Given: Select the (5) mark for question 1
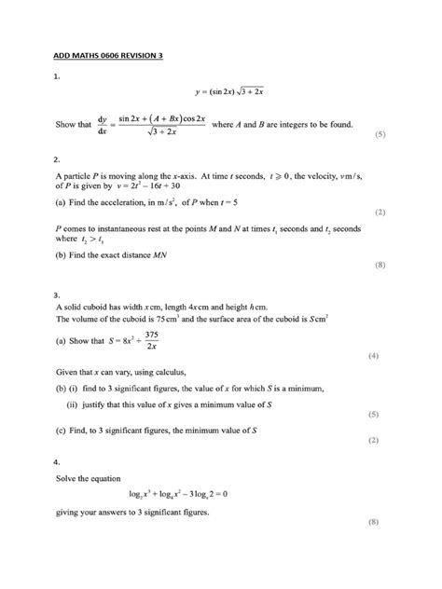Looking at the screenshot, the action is pyautogui.click(x=380, y=135).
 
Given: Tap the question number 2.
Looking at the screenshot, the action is pyautogui.click(x=57, y=159).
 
